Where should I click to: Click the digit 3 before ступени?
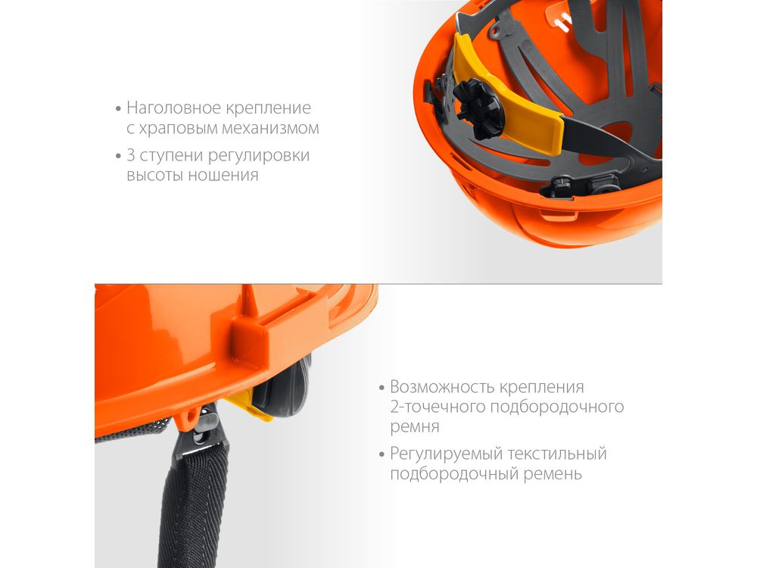[x=131, y=155]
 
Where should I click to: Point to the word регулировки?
[x=259, y=156]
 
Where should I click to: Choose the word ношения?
[x=223, y=175]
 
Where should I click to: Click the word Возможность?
[x=442, y=387]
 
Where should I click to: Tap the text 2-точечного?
[x=438, y=407]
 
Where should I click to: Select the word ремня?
[x=415, y=427]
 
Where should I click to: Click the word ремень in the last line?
[x=553, y=474]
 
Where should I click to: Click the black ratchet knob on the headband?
[x=476, y=108]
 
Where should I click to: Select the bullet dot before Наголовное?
[x=118, y=108]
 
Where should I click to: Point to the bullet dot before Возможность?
[x=382, y=387]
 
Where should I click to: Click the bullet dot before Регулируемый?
[x=382, y=454]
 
